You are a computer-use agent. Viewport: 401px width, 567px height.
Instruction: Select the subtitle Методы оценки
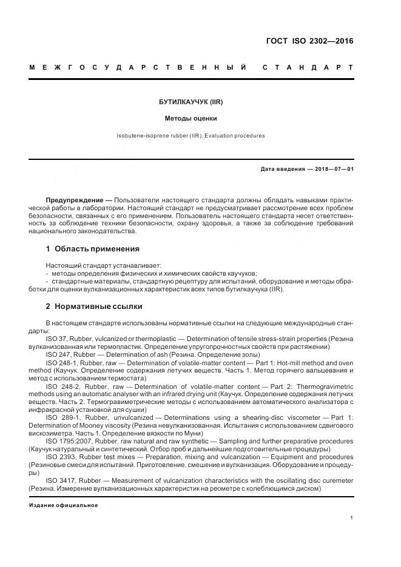[x=191, y=119]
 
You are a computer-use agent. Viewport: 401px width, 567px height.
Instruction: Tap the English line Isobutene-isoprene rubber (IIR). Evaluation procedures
[x=191, y=136]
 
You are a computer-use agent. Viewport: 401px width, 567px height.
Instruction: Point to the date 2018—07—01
[x=332, y=169]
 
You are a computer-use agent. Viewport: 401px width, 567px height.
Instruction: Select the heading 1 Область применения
[x=92, y=248]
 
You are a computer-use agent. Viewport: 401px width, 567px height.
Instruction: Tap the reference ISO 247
[x=58, y=354]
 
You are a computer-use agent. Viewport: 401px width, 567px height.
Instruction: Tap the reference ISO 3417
[x=59, y=480]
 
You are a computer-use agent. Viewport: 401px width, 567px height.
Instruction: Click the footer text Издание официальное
[x=63, y=505]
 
